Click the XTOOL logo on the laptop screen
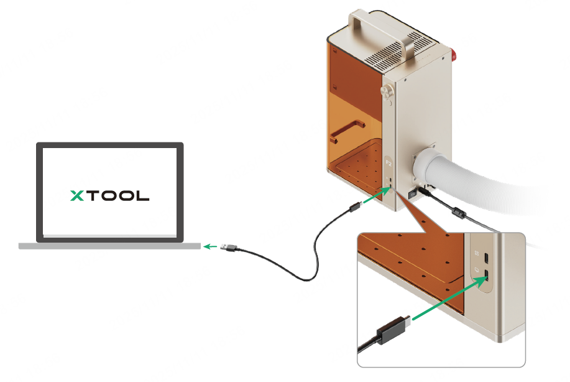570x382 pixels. (109, 195)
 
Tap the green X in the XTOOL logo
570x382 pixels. (78, 195)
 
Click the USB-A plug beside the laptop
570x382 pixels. (229, 248)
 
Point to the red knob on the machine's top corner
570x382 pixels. (454, 57)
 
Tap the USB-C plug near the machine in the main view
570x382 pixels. (354, 207)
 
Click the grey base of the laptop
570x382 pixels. (109, 246)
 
